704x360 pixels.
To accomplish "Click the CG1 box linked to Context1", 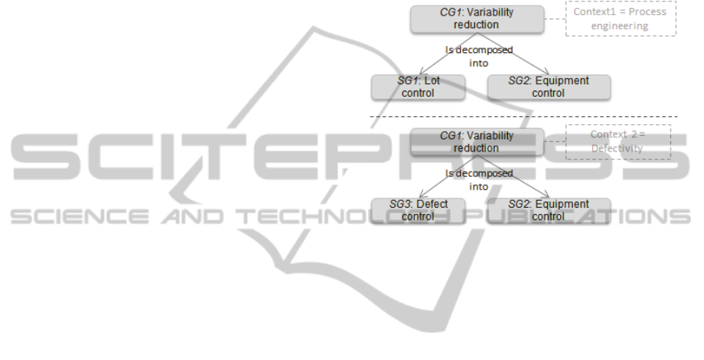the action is [476, 19].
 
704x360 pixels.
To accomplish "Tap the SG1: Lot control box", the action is [418, 87].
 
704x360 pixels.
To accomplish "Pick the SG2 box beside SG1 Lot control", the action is [548, 87].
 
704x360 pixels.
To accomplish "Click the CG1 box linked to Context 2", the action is [476, 141].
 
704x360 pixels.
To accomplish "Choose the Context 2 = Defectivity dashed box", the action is [618, 141].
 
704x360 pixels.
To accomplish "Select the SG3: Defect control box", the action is [418, 209].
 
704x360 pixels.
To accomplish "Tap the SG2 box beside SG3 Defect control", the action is [548, 209].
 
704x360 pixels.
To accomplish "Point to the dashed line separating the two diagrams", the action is [524, 117].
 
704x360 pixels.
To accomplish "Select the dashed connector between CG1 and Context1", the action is [554, 19].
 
